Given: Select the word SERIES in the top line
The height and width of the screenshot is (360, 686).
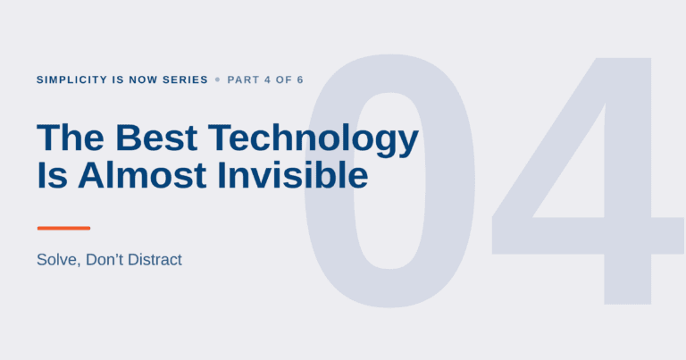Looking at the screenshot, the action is pos(186,80).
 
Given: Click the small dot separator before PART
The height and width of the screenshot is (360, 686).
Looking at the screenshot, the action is pos(217,80).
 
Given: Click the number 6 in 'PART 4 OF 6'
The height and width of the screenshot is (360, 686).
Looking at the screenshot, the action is pos(300,80).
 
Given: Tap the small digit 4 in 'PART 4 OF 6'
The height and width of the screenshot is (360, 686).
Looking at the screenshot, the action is pos(267,80).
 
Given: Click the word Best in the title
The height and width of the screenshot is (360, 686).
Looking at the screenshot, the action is pos(156,138).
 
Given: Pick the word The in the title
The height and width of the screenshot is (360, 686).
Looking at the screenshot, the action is pos(71,138).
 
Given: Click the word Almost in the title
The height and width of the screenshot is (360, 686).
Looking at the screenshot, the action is pos(142,175).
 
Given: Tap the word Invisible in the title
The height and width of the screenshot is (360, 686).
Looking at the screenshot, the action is pos(293,175).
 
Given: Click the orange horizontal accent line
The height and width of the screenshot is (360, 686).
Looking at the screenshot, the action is pos(64,228).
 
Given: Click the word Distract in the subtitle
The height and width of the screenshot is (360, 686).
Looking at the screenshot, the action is pos(155,259).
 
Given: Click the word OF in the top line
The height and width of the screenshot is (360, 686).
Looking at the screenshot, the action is pos(284,80).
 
